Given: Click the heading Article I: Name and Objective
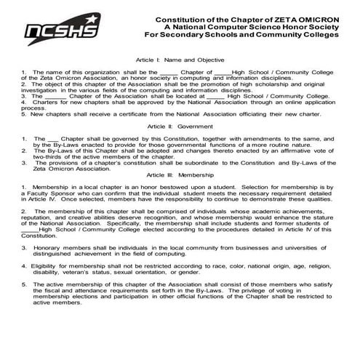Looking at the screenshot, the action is click(x=180, y=59).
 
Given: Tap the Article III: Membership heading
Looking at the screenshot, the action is click(x=180, y=175).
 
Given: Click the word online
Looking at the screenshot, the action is click(x=289, y=102).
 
